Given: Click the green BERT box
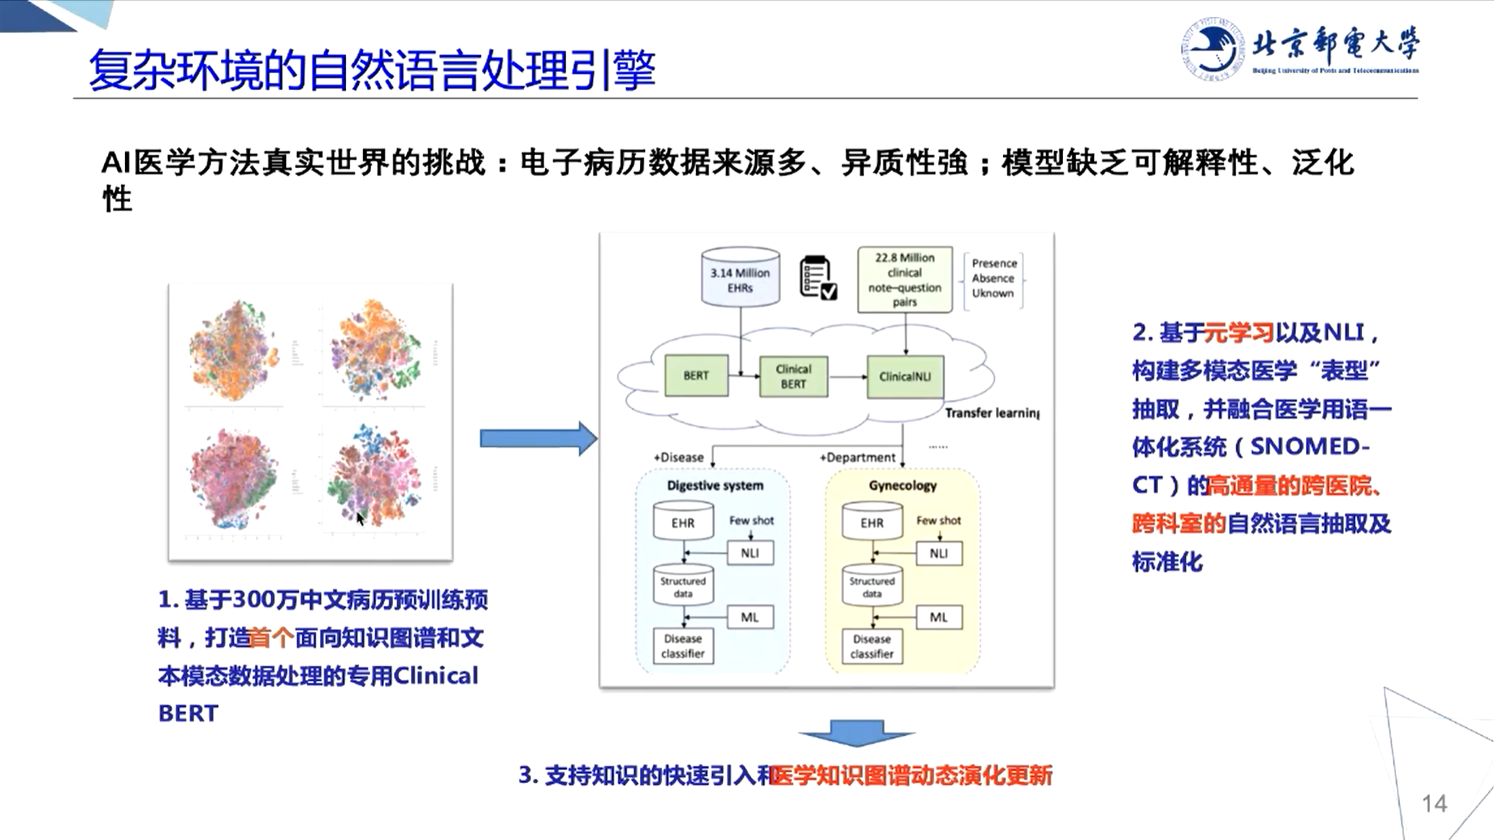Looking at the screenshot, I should pos(695,376).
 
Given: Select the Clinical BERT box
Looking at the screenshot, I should pos(793,376).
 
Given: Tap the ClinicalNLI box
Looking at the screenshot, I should pos(904,377).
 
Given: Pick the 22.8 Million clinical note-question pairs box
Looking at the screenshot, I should pos(904,280).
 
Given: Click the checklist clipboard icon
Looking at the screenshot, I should pos(817,277).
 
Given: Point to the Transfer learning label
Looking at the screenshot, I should pos(991,413).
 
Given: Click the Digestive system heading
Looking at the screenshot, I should pos(715,486).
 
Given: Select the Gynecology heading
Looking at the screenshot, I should pos(902,486).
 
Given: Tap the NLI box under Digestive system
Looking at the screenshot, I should pos(749,553).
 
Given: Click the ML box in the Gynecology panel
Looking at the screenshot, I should pos(938,617).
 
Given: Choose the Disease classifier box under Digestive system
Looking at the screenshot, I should pos(683,646).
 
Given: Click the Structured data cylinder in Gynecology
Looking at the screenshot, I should pos(872,586).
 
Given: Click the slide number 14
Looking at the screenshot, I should pos(1434,804).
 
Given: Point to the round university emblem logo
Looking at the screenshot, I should pos(1212,49).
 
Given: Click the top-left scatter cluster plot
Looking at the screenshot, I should pos(233,351).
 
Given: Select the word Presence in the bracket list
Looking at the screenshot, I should pos(994,264).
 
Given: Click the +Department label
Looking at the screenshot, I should pos(857,458).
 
